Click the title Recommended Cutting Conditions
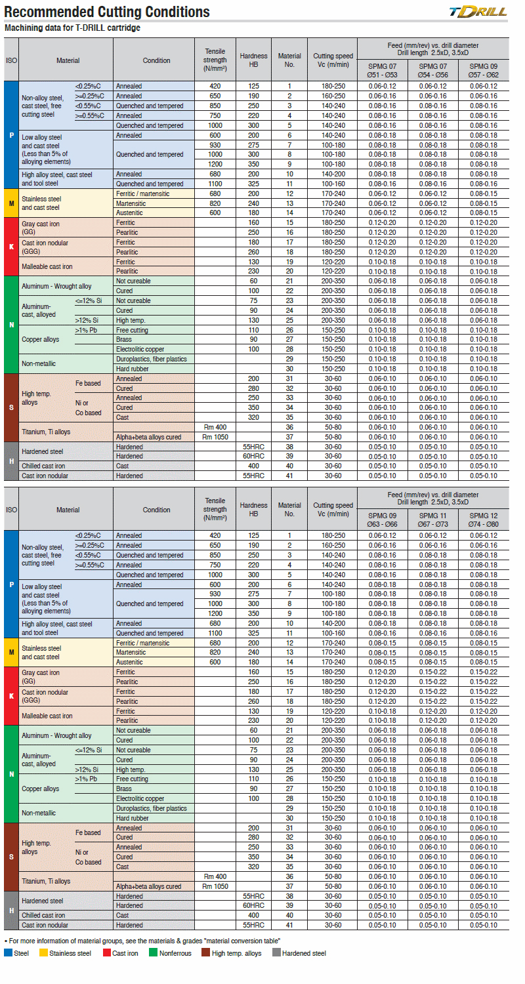click(108, 12)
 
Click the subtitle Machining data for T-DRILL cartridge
click(72, 28)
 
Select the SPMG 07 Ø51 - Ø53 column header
click(382, 70)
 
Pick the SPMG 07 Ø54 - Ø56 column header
click(433, 70)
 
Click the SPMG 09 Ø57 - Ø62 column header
click(484, 70)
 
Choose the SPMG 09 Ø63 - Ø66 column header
click(382, 520)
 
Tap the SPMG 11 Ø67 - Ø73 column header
click(433, 520)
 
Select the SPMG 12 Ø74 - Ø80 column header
click(484, 520)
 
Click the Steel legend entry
click(17, 953)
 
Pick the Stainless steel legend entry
click(66, 953)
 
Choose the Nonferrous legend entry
click(170, 953)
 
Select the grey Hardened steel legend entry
click(299, 953)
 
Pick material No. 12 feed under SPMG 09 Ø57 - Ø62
click(484, 194)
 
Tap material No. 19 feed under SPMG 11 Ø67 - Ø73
click(433, 711)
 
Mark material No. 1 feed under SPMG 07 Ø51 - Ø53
click(382, 86)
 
